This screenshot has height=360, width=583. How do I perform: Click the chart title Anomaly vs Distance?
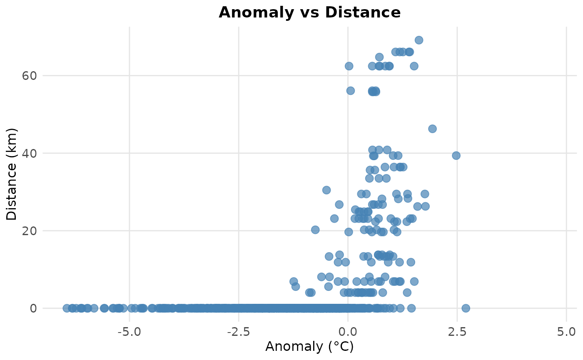coord(309,12)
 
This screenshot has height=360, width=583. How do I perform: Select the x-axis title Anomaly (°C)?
coord(309,346)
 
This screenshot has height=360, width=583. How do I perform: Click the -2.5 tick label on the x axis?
coord(238,332)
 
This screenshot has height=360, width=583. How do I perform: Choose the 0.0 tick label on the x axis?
coord(348,332)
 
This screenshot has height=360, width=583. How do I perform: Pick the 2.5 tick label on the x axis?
coord(457,332)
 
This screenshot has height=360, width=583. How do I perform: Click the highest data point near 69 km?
coord(419,40)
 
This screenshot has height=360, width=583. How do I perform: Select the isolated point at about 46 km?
coord(432,129)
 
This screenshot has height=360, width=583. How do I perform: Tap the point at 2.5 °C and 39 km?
coord(456,156)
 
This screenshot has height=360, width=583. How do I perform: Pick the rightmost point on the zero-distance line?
coord(466,308)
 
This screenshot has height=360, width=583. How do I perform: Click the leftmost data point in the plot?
coord(67,308)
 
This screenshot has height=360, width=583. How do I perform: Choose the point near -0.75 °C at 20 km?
coord(315,230)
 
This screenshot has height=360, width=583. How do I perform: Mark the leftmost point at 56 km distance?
coord(351,91)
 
